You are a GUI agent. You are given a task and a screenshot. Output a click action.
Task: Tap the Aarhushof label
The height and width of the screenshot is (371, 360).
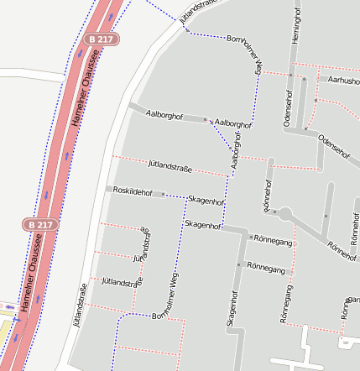click(343, 81)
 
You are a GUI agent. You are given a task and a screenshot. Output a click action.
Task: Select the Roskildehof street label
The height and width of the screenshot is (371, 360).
click(132, 191)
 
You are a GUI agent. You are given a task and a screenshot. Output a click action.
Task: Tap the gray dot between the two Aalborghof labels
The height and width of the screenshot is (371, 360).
click(205, 120)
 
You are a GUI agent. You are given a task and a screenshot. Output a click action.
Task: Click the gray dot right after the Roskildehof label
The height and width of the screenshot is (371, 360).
click(163, 194)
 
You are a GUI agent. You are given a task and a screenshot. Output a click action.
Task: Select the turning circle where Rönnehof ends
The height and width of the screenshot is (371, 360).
click(284, 215)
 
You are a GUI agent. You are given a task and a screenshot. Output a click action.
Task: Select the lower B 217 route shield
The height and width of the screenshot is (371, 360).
click(39, 225)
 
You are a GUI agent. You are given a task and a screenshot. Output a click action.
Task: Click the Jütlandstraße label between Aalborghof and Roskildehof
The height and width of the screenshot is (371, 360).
click(170, 168)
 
